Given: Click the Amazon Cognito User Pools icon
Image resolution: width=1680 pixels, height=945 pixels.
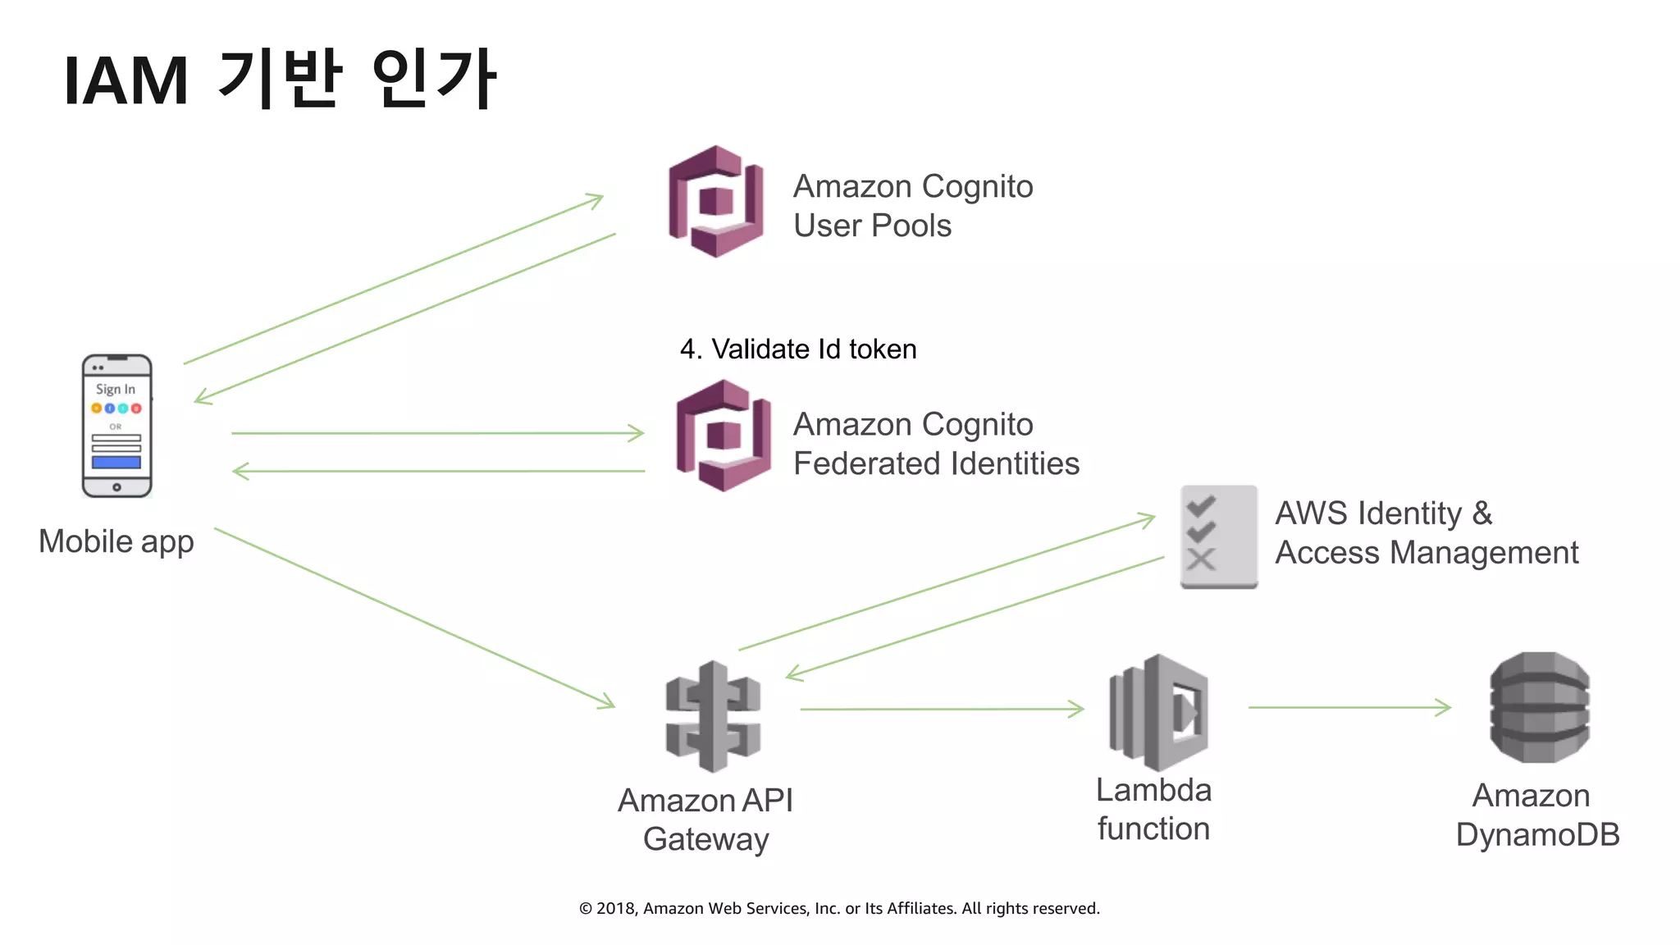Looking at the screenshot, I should click(716, 202).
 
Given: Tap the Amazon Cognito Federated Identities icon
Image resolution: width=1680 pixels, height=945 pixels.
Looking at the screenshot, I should click(724, 436).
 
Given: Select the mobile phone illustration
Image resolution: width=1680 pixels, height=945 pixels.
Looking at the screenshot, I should click(116, 426).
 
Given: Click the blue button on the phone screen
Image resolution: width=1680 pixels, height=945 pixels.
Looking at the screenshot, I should click(116, 463).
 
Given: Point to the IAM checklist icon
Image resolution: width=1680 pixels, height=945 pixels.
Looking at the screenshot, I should click(1218, 536).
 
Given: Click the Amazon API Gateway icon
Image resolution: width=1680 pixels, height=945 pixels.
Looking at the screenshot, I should click(713, 716).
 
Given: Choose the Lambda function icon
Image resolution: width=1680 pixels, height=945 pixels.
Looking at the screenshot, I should click(1158, 711).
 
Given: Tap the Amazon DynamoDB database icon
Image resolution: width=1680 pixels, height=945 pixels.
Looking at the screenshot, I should click(1540, 708).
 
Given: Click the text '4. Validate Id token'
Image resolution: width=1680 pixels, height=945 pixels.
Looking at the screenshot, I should click(797, 349).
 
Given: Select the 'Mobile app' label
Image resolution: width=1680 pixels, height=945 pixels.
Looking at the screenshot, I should click(116, 541).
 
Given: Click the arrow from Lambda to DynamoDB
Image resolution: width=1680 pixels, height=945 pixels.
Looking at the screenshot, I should click(1349, 707).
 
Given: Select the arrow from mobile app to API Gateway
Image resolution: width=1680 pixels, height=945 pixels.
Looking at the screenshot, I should click(414, 618).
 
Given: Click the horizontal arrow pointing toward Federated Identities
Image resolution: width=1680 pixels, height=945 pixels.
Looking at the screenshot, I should click(437, 433).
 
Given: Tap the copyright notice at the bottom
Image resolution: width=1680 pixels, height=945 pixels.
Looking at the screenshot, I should click(839, 908).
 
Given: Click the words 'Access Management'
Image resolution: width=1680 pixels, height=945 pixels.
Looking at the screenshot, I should click(1427, 553).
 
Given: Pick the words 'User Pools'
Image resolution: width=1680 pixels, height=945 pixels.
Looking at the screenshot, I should click(872, 226).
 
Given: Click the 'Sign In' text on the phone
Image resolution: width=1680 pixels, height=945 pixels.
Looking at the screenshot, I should click(116, 389).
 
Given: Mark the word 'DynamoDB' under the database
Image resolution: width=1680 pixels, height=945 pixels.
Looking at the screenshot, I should click(1537, 835).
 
